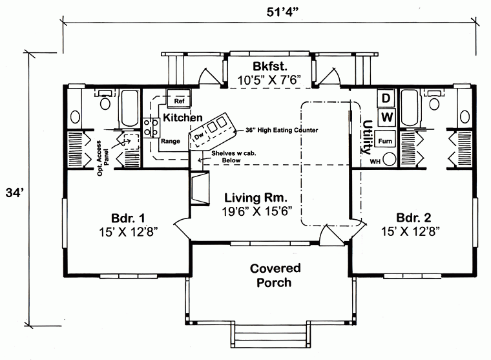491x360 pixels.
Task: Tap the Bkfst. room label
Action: point(270,67)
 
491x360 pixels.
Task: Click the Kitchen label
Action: point(183,118)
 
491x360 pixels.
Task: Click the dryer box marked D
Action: point(386,98)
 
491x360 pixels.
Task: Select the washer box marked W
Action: point(386,117)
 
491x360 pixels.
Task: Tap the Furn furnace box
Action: point(386,140)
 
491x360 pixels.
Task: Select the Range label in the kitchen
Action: point(171,141)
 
